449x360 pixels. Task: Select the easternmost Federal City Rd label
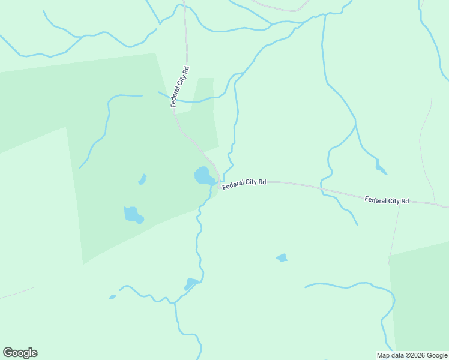pyautogui.click(x=387, y=199)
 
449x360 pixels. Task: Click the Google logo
pyautogui.click(x=20, y=352)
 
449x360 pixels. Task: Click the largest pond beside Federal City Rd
pyautogui.click(x=204, y=176)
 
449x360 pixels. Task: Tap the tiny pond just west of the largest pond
pyautogui.click(x=142, y=179)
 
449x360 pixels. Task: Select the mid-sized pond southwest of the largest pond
pyautogui.click(x=133, y=214)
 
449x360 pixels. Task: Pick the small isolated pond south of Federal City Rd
pyautogui.click(x=282, y=258)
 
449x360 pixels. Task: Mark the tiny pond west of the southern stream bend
pyautogui.click(x=112, y=296)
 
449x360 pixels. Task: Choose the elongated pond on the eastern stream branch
pyautogui.click(x=381, y=167)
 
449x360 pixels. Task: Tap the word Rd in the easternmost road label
pyautogui.click(x=405, y=201)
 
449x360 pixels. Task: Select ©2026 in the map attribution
pyautogui.click(x=414, y=355)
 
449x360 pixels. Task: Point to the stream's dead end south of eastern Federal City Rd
pyautogui.click(x=357, y=225)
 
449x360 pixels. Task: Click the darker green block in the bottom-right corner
pyautogui.click(x=420, y=300)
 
